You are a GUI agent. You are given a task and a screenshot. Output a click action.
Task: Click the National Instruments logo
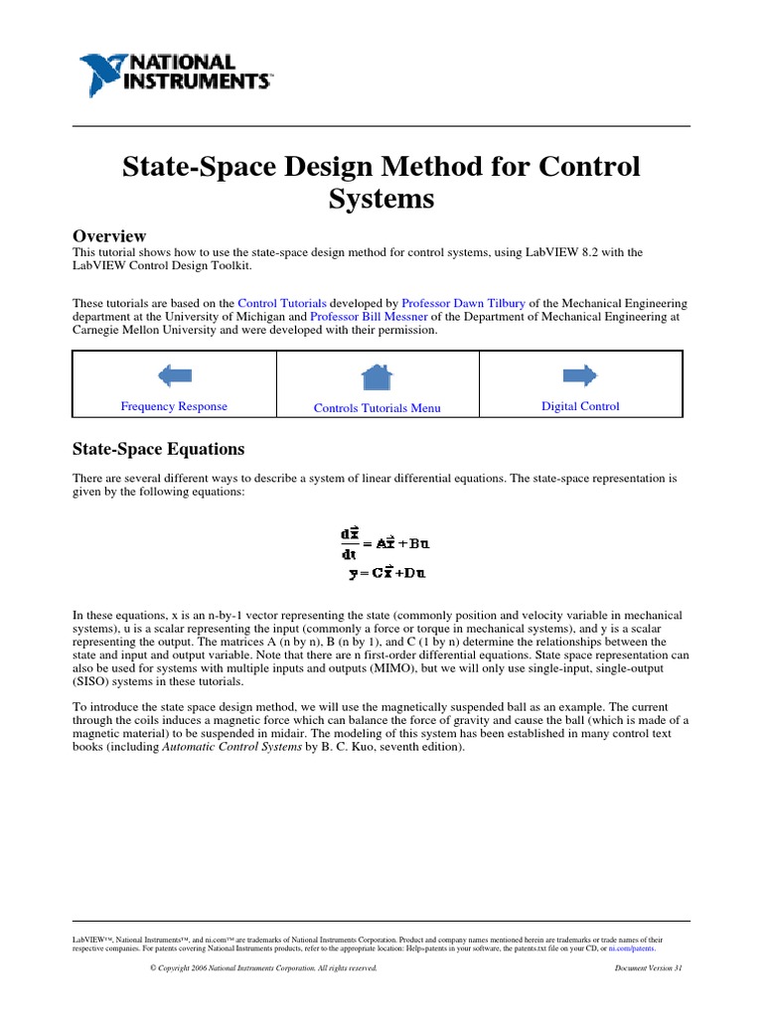pos(175,73)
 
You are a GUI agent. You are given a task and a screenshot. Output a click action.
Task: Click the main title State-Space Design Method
pos(381,182)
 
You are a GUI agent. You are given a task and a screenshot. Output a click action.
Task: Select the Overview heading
pos(109,235)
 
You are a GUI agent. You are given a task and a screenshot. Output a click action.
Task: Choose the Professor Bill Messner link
pos(367,316)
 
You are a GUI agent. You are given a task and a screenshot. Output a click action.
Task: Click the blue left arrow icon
pos(174,375)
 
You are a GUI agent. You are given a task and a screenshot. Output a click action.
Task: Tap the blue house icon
pos(376,376)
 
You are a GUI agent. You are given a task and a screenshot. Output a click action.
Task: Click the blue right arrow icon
pos(580,374)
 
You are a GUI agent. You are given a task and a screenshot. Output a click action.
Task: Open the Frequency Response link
pos(174,406)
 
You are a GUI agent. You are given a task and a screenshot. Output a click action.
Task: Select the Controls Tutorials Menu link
pos(377,408)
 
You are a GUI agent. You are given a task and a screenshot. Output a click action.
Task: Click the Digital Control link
pos(580,406)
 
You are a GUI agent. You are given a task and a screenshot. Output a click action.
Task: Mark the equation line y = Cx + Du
pos(387,572)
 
